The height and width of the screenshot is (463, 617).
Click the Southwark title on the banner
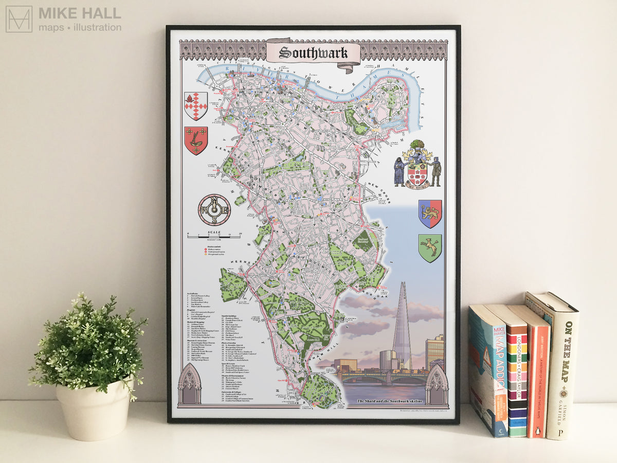313,52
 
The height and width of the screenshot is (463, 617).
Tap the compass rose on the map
214,209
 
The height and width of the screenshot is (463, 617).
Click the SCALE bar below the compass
214,235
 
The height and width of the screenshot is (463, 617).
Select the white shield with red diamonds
196,105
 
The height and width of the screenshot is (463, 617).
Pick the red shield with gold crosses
196,140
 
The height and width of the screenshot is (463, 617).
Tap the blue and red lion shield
430,213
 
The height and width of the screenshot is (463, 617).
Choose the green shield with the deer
430,248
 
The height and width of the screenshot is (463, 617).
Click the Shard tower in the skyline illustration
402,329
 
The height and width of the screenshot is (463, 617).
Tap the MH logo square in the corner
19,19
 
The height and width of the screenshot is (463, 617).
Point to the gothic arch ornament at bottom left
190,385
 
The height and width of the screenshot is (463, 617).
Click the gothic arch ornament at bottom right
437,385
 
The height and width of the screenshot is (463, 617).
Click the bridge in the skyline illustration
383,379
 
